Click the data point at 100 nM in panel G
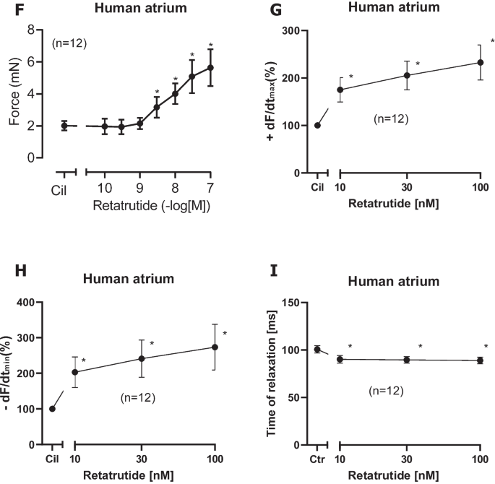[481, 63]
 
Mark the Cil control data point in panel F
[64, 125]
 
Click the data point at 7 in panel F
[210, 68]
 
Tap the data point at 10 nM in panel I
[340, 359]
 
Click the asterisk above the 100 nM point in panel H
[225, 333]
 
